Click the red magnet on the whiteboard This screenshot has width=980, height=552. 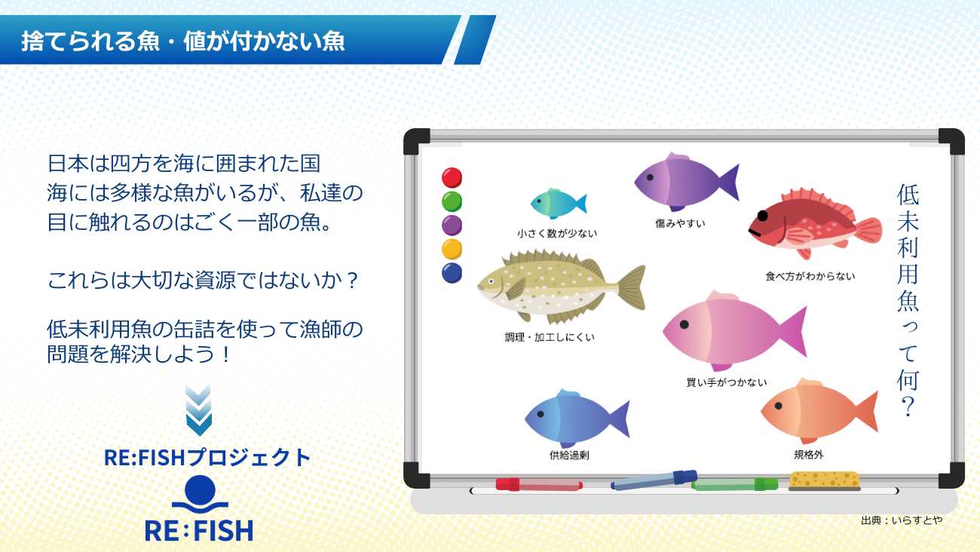[452, 177]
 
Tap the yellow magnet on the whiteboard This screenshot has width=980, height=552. [452, 249]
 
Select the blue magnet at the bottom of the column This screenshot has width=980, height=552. [452, 273]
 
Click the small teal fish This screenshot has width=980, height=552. [559, 204]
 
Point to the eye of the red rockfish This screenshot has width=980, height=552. [763, 216]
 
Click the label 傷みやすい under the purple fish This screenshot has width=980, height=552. [680, 223]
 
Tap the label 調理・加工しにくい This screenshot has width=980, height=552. [550, 337]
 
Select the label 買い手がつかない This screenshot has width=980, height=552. [726, 382]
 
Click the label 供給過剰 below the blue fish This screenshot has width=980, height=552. [569, 455]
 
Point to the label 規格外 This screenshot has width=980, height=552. [809, 455]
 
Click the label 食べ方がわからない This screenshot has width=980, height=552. [810, 276]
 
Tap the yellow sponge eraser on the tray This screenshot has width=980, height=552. [824, 480]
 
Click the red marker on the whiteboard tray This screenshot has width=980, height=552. [539, 485]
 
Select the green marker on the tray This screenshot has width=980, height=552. [734, 485]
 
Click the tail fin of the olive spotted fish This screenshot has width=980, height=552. [632, 287]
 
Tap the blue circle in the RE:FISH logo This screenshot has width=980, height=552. [200, 490]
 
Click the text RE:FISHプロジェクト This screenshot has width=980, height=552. [207, 458]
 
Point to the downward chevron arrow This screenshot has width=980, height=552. [198, 410]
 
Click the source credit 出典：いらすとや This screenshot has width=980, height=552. [902, 520]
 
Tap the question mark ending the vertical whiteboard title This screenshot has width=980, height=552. [908, 406]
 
